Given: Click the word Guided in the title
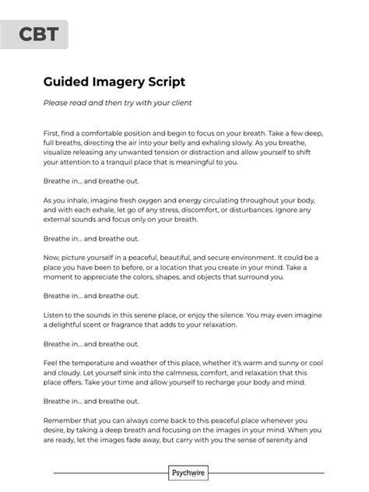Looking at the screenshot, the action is [x=70, y=81].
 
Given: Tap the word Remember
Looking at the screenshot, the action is [x=64, y=420].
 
